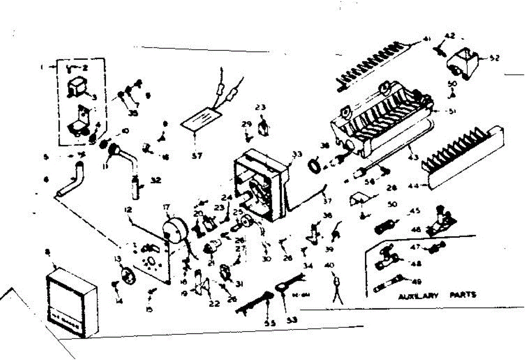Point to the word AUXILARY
[x=418, y=296]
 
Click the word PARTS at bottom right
[x=463, y=295]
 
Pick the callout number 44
[x=413, y=186]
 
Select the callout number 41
[x=427, y=39]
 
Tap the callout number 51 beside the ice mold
[x=451, y=112]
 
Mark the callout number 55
[x=269, y=323]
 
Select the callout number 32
[x=156, y=179]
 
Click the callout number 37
[x=328, y=201]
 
